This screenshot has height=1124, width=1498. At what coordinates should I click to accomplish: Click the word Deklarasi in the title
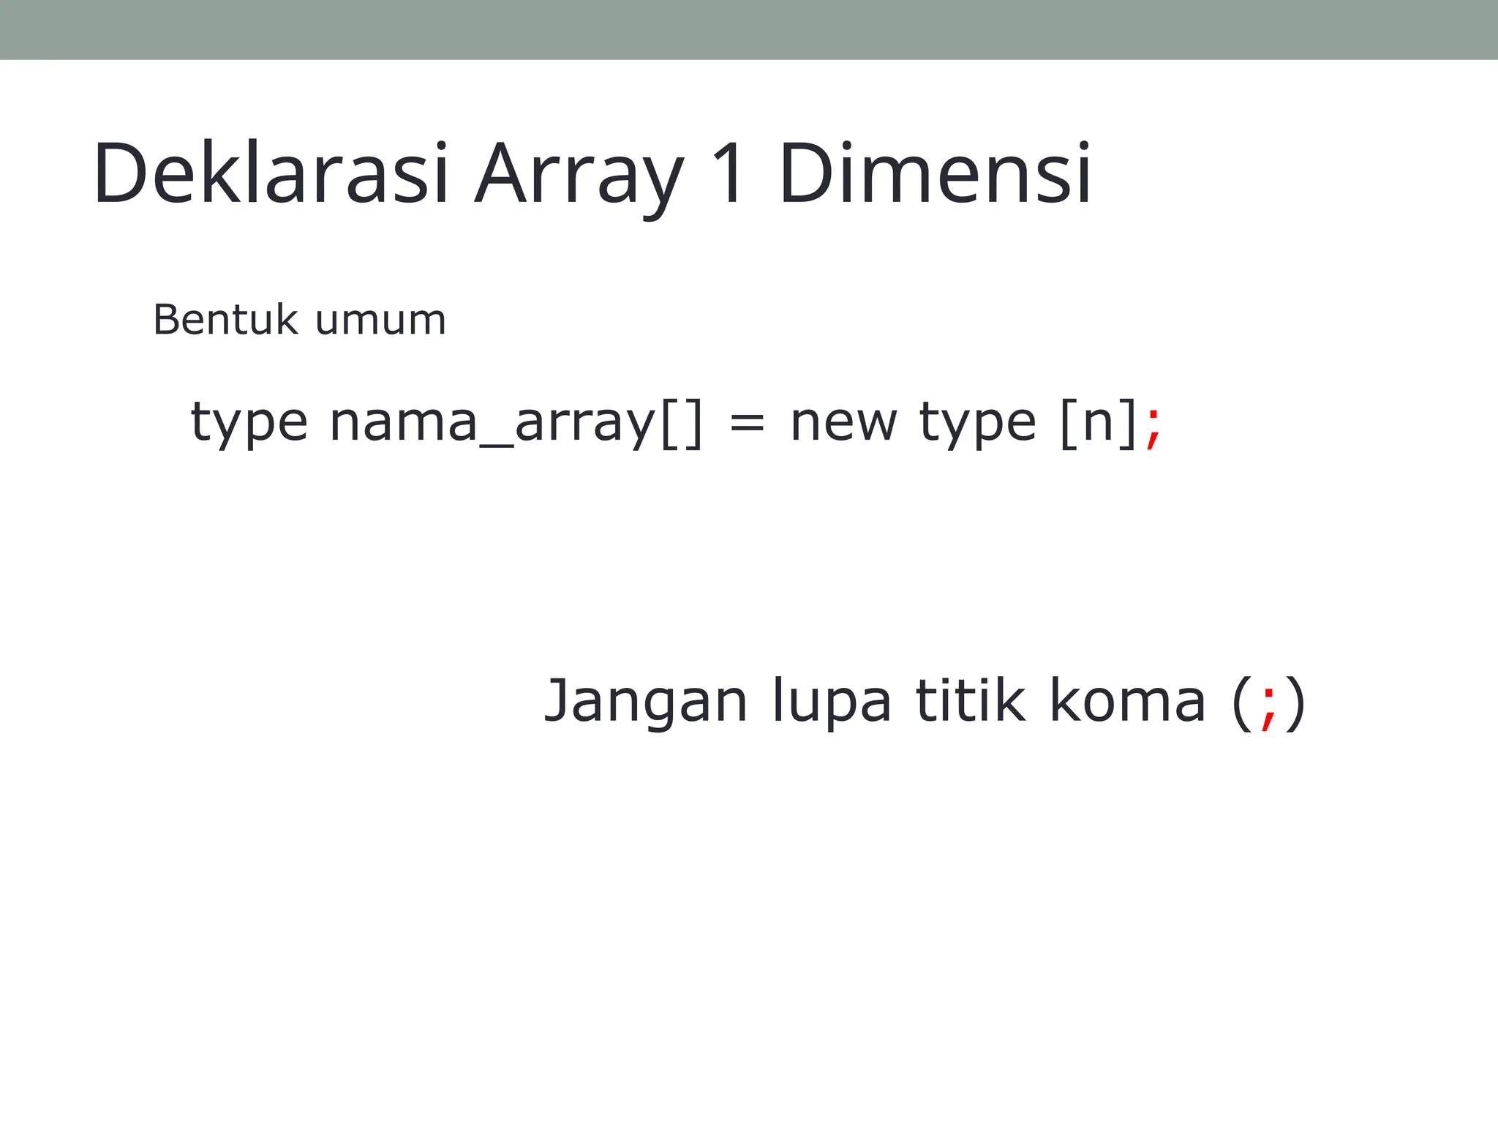tap(270, 174)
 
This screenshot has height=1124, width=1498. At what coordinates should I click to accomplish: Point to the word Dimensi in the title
tap(935, 174)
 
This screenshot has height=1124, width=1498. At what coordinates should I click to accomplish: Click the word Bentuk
tap(225, 320)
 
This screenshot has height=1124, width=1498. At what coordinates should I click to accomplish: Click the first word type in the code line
tap(249, 423)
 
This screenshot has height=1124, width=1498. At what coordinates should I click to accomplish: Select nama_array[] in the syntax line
tap(516, 423)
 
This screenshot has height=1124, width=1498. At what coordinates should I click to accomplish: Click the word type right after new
tap(977, 423)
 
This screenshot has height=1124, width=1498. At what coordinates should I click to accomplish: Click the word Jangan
tap(646, 702)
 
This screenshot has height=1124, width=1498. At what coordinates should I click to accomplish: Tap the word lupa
tap(832, 702)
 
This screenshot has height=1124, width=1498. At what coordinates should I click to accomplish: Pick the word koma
tap(1127, 700)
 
